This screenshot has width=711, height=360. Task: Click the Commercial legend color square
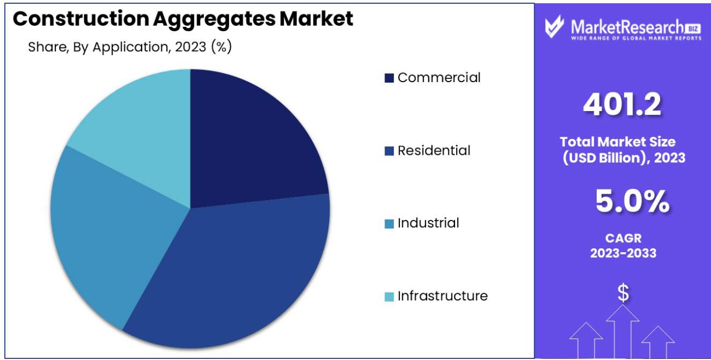(x=389, y=78)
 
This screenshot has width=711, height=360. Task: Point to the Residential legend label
(x=434, y=150)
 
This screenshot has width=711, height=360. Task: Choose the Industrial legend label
(x=428, y=223)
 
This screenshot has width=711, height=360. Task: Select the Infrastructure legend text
(x=442, y=296)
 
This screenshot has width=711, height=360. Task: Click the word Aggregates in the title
(x=214, y=19)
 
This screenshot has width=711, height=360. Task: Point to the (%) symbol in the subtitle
(x=221, y=47)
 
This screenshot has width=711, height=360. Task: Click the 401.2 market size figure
(x=622, y=104)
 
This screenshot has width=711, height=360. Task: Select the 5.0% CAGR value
(x=632, y=202)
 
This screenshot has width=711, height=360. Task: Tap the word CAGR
(x=623, y=239)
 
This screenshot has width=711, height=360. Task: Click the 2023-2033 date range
(x=623, y=253)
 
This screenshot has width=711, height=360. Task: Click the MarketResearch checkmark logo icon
(x=555, y=27)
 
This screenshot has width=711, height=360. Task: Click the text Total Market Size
(x=617, y=142)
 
